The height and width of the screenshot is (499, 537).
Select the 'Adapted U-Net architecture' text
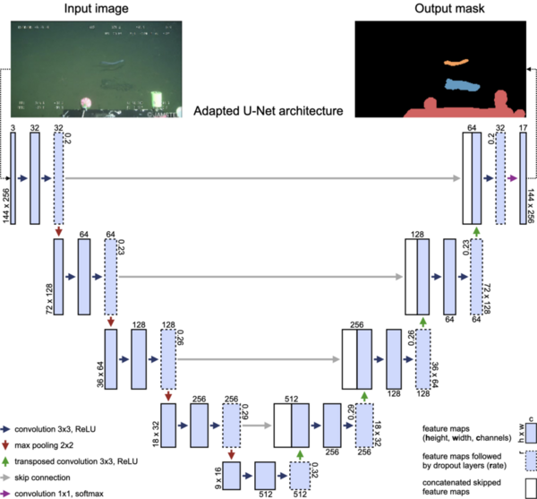[268, 114]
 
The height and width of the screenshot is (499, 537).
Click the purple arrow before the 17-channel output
[512, 178]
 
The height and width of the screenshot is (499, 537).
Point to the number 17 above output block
[524, 129]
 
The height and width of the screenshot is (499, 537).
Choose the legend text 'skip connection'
[51, 477]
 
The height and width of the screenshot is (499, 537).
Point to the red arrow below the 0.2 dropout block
[59, 233]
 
